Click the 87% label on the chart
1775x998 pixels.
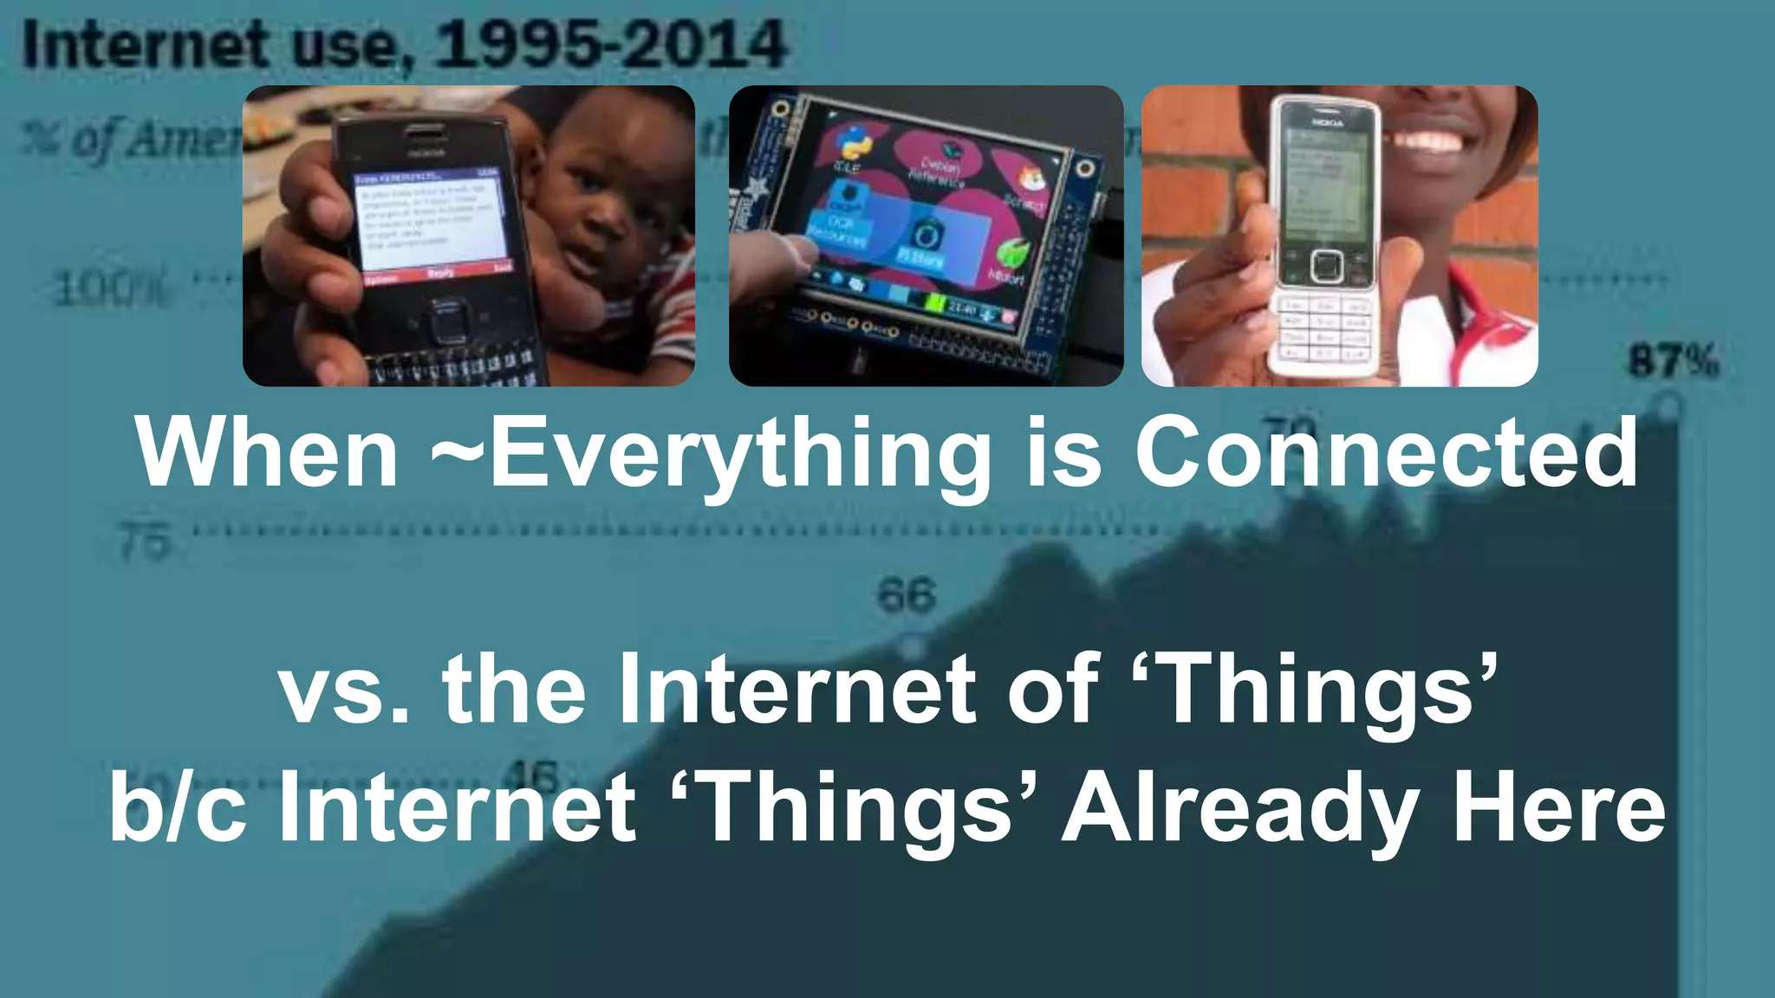[x=1673, y=360]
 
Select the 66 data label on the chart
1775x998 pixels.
[x=907, y=595]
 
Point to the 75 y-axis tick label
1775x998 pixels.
[x=144, y=542]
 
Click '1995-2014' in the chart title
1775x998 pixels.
[x=611, y=45]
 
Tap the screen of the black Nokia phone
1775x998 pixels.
[x=430, y=221]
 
